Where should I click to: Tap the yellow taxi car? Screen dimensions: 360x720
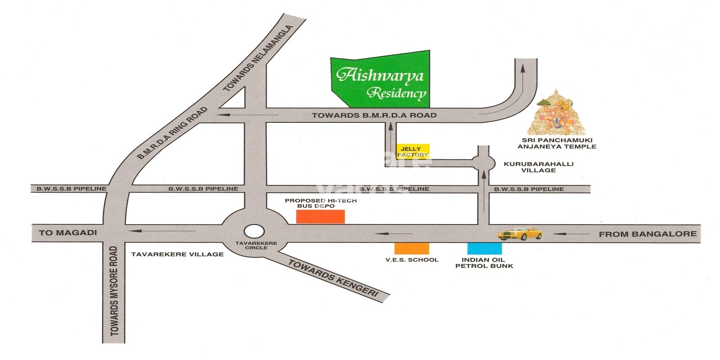tap(520, 234)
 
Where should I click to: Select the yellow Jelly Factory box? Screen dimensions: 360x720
tap(413, 151)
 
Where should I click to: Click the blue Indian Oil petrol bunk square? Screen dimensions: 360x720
tap(484, 248)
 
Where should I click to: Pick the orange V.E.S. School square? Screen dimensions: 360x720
tap(411, 248)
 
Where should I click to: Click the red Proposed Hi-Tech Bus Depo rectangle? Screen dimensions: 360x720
tap(320, 216)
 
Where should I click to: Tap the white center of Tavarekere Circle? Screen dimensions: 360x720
tap(254, 231)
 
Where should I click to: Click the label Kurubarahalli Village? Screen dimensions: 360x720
tap(538, 167)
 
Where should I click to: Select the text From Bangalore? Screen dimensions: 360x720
tap(647, 234)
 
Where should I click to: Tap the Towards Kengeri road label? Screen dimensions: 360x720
tap(333, 278)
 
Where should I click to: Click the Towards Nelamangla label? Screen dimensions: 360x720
tap(258, 58)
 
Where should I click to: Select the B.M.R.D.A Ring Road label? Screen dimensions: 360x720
tap(172, 133)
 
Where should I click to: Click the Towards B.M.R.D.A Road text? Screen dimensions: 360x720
tap(374, 115)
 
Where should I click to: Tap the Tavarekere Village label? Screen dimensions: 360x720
tap(177, 254)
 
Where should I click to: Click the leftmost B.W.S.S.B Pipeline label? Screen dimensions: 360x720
tap(72, 189)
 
